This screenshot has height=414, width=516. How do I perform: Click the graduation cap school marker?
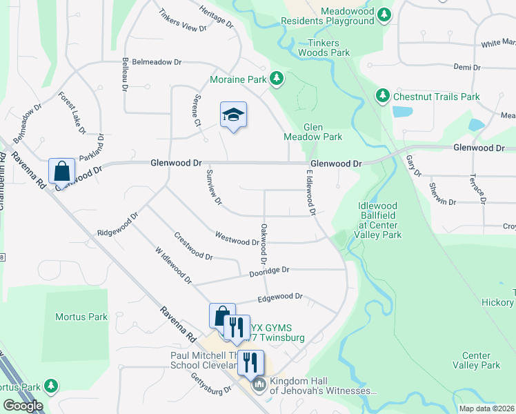pyautogui.click(x=233, y=115)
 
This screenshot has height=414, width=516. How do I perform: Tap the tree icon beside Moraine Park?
pyautogui.click(x=277, y=79)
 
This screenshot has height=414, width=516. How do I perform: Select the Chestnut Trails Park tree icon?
pyautogui.click(x=382, y=96)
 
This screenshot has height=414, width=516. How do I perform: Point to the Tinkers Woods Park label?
pyautogui.click(x=324, y=48)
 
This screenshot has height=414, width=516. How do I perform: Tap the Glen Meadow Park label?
pyautogui.click(x=323, y=132)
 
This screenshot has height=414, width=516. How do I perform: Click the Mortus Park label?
pyautogui.click(x=81, y=317)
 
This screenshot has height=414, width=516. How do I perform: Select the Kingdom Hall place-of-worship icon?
pyautogui.click(x=259, y=384)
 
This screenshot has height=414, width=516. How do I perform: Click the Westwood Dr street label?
pyautogui.click(x=237, y=239)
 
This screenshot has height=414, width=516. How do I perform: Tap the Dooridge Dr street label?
pyautogui.click(x=269, y=272)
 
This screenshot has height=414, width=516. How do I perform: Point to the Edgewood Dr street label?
pyautogui.click(x=280, y=297)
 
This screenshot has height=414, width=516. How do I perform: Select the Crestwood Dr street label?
pyautogui.click(x=193, y=245)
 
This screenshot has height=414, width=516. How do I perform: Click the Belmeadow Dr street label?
pyautogui.click(x=157, y=62)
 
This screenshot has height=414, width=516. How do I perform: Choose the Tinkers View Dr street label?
pyautogui.click(x=182, y=21)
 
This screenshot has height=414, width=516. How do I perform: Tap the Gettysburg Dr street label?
pyautogui.click(x=210, y=389)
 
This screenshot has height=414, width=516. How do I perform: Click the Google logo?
pyautogui.click(x=23, y=406)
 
